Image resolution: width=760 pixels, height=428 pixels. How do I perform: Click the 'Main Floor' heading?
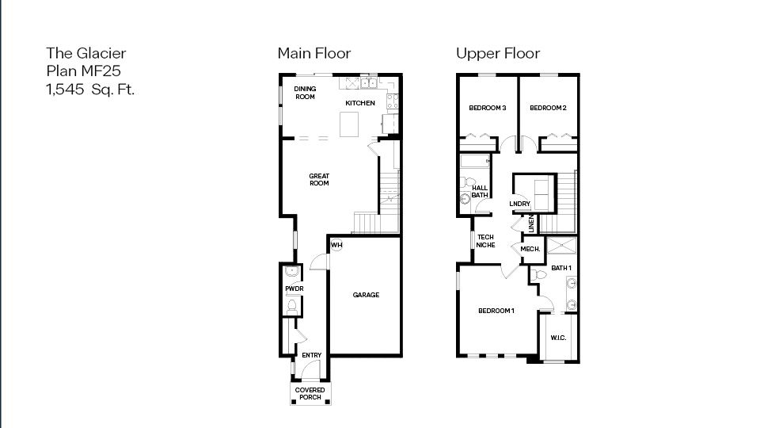coord(313,54)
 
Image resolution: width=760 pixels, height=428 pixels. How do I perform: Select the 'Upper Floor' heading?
coord(497,54)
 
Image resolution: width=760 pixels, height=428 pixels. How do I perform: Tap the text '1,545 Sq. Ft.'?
coord(90,89)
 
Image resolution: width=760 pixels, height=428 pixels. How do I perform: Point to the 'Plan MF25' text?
coord(83,71)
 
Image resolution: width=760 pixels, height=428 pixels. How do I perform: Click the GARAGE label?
coord(366,295)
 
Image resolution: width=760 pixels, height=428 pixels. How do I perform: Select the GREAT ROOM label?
coord(319,180)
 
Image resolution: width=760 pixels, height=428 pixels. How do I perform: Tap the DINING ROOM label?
coord(305,93)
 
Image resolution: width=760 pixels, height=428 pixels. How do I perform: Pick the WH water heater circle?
coord(336,245)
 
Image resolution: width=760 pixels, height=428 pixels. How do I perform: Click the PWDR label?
coord(294,289)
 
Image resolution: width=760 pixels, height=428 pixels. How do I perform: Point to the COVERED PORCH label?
coord(310,393)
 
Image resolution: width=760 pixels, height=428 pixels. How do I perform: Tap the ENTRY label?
coord(311,355)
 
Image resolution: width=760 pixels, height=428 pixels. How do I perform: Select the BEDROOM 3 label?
coord(487,108)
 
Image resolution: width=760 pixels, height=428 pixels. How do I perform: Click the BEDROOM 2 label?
coord(548,108)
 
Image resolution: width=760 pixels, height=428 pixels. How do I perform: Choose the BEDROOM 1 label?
coord(496,311)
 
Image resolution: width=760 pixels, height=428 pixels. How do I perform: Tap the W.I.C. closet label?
coord(558,338)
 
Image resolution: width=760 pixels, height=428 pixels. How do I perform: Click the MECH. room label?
coord(530,249)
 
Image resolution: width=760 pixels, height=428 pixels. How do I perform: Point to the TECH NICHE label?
coord(485,241)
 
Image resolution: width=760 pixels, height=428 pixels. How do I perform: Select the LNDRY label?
coord(519,204)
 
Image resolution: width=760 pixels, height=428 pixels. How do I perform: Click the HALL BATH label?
coord(480,191)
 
